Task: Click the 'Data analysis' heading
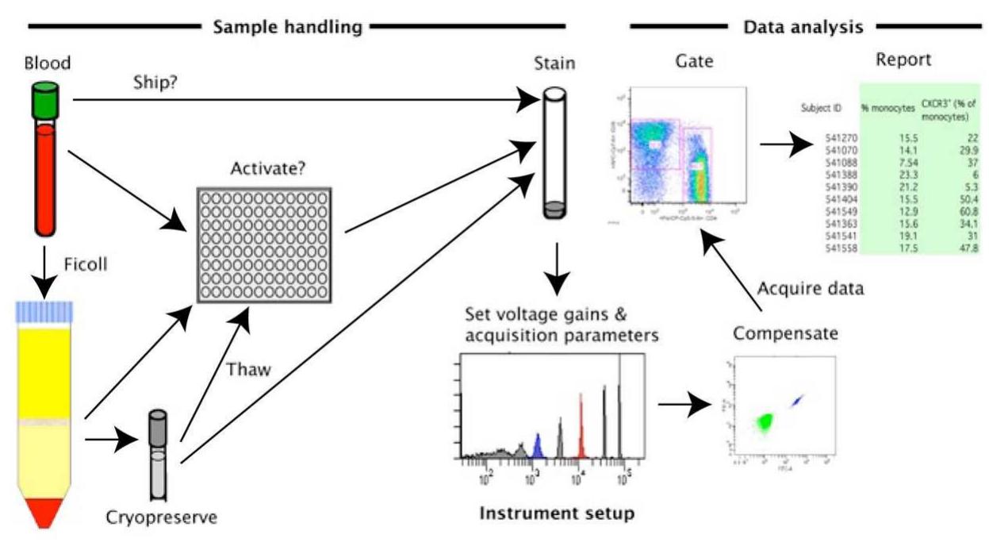click(x=803, y=27)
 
